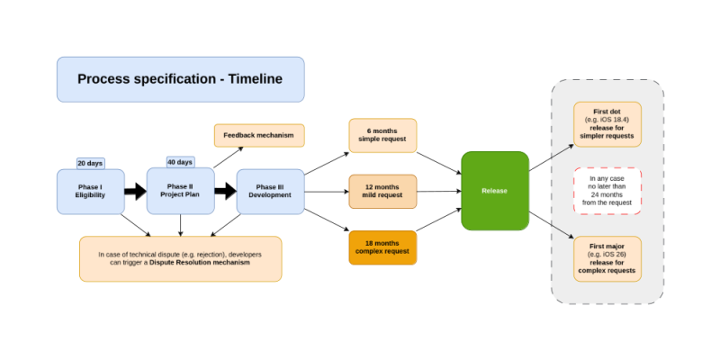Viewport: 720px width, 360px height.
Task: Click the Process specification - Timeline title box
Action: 180,79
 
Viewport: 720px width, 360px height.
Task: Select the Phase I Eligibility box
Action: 90,191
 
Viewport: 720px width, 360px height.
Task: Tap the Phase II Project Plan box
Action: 180,191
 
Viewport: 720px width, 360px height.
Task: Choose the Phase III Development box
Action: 270,191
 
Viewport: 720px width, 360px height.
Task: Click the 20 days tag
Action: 90,163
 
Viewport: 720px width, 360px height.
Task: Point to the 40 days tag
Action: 180,162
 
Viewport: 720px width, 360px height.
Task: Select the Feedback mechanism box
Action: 259,135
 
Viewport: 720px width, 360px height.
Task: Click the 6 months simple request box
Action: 382,135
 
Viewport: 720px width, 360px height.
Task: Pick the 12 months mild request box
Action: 382,191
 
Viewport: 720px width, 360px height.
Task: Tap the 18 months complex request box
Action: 382,247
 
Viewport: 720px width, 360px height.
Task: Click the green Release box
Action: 494,191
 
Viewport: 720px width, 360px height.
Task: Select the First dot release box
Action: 607,124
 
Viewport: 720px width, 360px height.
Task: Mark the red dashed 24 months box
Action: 607,191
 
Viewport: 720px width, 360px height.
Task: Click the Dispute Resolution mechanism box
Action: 180,258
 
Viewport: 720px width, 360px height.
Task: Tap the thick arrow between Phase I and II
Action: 135,191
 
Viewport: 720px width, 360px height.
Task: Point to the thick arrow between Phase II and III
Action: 225,191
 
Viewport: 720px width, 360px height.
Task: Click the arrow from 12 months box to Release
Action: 439,191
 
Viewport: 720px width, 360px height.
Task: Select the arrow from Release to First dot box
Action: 551,157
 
